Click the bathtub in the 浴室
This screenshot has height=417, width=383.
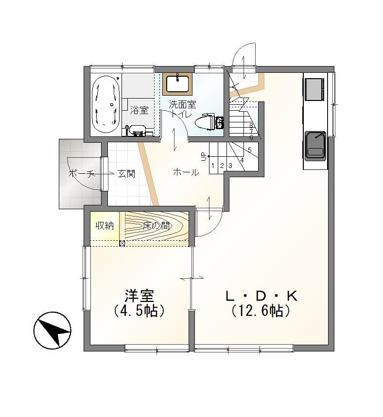105,105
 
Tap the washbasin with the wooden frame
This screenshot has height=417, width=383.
177,83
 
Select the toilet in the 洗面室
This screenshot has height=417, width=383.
209,123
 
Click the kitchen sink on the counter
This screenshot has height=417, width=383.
315,145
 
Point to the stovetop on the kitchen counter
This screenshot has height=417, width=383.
314,89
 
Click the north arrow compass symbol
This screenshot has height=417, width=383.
52,330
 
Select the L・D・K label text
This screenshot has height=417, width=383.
261,296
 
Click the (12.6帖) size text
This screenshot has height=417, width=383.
260,311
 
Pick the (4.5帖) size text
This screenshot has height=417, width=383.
139,310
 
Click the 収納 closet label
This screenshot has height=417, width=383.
104,226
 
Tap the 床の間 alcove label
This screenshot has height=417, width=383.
156,226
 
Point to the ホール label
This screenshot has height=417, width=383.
186,173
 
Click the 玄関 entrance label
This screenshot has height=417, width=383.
126,174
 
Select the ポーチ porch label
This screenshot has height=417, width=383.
82,174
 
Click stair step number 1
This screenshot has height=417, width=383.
213,166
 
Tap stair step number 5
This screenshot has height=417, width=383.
249,150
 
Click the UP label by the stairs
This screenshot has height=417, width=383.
204,156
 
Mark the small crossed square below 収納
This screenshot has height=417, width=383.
122,243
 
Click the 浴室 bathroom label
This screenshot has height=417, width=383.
139,110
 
